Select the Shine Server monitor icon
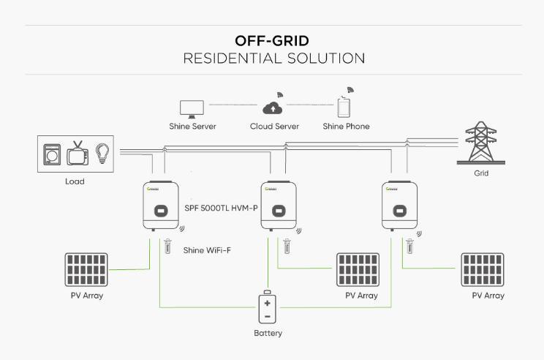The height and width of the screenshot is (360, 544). [192, 108]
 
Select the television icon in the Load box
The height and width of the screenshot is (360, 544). [78, 154]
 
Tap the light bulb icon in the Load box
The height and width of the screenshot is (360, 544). [102, 154]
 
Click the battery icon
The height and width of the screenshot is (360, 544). [268, 308]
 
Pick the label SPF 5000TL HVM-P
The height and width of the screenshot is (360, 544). [222, 208]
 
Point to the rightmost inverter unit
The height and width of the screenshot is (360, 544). [399, 206]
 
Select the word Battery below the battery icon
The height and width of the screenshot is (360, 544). [268, 334]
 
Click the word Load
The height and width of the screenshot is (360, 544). [74, 181]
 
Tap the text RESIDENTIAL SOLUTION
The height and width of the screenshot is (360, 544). [274, 58]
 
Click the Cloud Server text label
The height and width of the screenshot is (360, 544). [274, 127]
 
